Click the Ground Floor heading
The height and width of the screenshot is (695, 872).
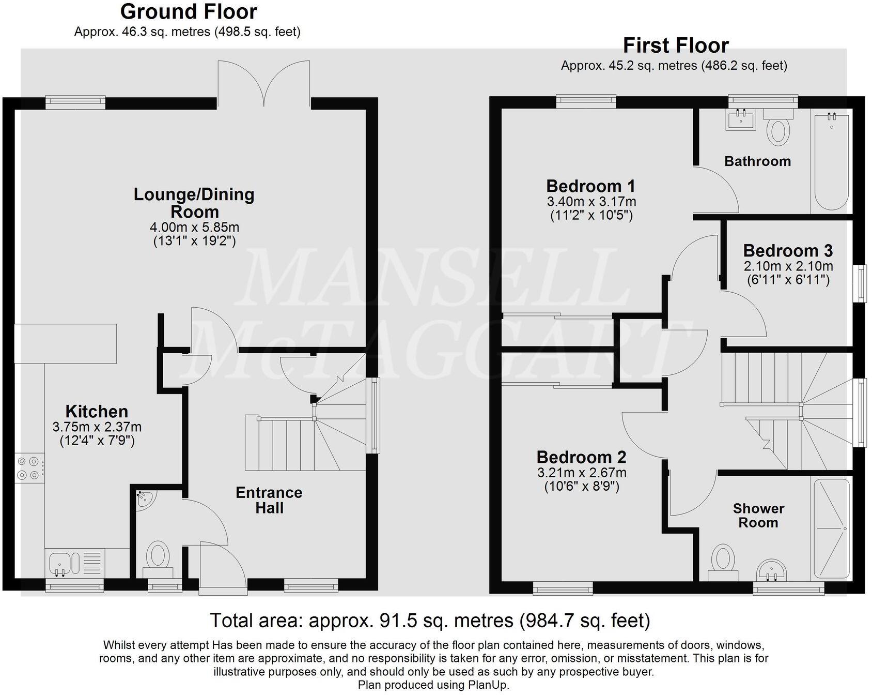[x=189, y=11]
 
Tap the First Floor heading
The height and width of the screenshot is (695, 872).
[x=675, y=46]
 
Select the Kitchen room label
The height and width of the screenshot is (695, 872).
[x=97, y=412]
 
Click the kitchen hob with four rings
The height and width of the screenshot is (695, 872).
[x=29, y=467]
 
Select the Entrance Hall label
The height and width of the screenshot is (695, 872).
[x=269, y=500]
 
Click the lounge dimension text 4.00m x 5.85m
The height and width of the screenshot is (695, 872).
[x=194, y=227]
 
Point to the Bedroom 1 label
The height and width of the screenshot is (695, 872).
[x=590, y=186]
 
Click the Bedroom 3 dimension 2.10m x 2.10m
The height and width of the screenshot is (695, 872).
[x=788, y=266]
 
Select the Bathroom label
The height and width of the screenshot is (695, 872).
[x=757, y=161]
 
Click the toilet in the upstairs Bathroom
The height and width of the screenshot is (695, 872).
[x=778, y=127]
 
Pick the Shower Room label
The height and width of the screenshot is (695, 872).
[x=758, y=516]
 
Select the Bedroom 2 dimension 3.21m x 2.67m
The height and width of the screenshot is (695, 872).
[x=582, y=472]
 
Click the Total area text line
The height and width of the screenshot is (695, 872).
[x=430, y=620]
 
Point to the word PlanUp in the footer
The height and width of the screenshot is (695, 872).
[x=489, y=685]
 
